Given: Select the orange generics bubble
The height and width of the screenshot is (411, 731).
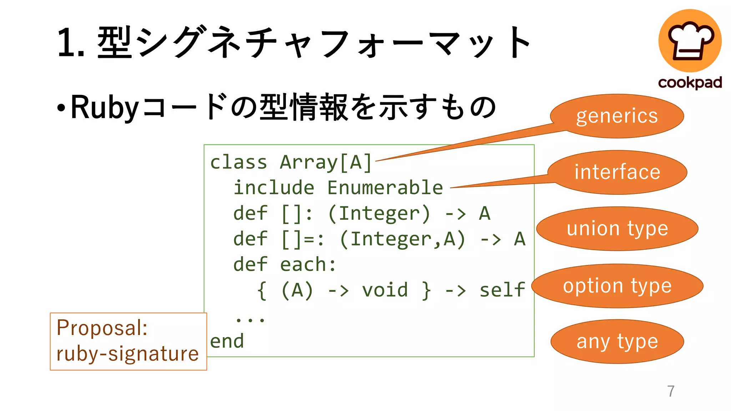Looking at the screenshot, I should pyautogui.click(x=617, y=116).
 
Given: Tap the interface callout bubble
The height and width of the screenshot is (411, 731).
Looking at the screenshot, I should pyautogui.click(x=617, y=172).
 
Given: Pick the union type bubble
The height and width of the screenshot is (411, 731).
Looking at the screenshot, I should pyautogui.click(x=617, y=229).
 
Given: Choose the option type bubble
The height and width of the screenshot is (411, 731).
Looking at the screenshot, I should pyautogui.click(x=617, y=286).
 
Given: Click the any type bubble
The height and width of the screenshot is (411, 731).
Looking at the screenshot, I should pyautogui.click(x=617, y=341).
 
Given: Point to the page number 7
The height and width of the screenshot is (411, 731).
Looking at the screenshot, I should pyautogui.click(x=671, y=391).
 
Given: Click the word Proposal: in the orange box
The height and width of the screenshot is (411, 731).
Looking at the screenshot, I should pyautogui.click(x=102, y=328).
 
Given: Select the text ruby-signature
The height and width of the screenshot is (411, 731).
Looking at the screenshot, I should pyautogui.click(x=127, y=354).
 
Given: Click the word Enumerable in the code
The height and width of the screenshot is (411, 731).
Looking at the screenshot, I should pyautogui.click(x=385, y=188).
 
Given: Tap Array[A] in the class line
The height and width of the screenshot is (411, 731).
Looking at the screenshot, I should pyautogui.click(x=326, y=162).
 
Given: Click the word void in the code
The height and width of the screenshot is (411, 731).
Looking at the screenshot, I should pyautogui.click(x=385, y=290).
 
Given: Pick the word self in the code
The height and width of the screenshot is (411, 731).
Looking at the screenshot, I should pyautogui.click(x=502, y=290).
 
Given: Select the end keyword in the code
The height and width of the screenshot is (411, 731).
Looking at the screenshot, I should pyautogui.click(x=227, y=341).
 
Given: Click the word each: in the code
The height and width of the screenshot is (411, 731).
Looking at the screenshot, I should pyautogui.click(x=308, y=264).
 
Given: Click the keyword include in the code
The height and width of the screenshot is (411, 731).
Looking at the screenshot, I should pyautogui.click(x=274, y=188).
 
